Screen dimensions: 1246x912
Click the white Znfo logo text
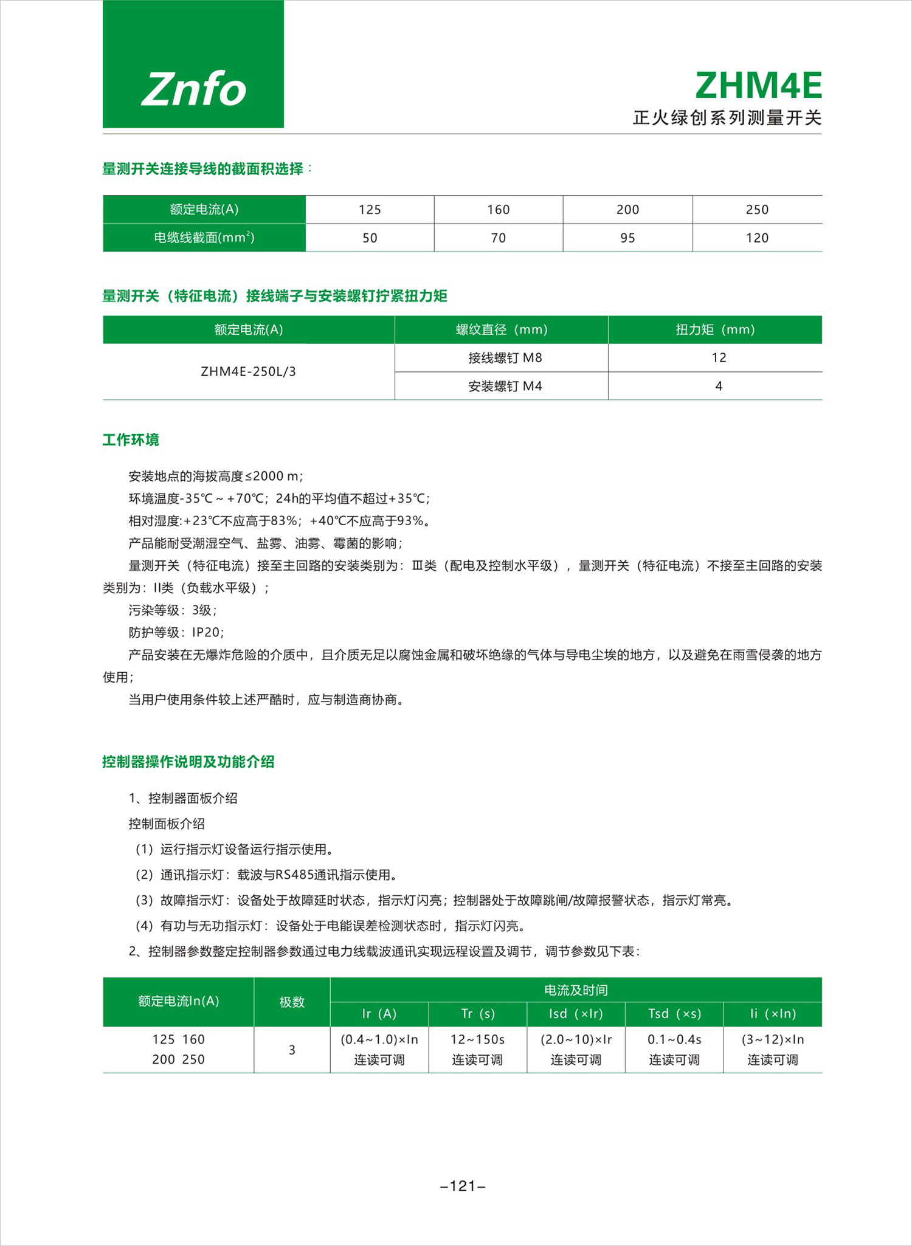pos(193,89)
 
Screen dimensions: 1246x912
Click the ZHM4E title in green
pos(758,86)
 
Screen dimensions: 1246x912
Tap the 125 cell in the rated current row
pos(370,210)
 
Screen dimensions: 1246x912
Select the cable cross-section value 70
pos(498,238)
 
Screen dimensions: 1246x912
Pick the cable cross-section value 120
pos(757,238)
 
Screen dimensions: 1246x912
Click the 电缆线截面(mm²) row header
pos(204,238)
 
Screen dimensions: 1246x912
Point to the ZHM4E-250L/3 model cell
pos(248,371)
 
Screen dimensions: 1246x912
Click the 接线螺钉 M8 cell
pos(505,358)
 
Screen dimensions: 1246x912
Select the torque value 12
pos(719,358)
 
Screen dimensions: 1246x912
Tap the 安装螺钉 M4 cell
pos(505,386)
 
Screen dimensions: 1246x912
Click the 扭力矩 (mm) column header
pos(715,329)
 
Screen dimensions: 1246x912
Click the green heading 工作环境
pos(131,439)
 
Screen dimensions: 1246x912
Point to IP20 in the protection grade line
pos(206,632)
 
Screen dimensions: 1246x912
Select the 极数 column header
pos(292,1002)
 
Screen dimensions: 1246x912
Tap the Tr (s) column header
pos(478,1013)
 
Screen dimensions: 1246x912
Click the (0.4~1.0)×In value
pos(379,1039)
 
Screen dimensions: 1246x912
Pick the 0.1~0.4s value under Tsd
pos(674,1039)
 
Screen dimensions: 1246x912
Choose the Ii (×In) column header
pos(772,1013)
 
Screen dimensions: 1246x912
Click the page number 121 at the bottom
pos(463,1185)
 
